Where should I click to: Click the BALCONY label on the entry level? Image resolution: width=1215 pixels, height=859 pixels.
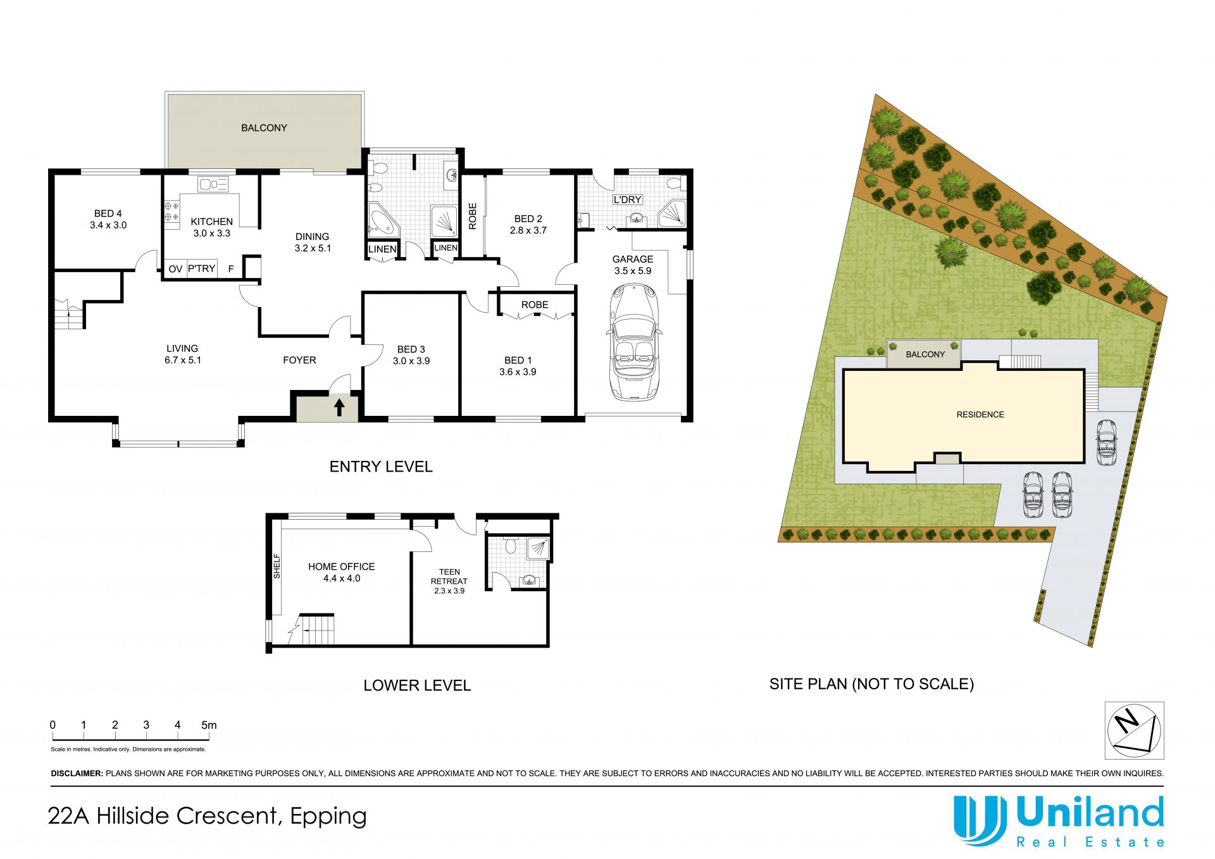(264, 128)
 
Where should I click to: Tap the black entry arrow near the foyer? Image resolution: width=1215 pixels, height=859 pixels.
(339, 407)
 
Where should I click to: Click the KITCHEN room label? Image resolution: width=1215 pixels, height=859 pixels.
(211, 222)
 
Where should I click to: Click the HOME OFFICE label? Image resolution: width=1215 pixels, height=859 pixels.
(341, 567)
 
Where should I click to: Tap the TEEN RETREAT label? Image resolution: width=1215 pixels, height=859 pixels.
(449, 576)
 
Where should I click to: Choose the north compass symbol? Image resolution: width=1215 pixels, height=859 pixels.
(1134, 730)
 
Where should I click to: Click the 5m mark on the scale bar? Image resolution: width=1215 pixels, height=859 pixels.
(209, 725)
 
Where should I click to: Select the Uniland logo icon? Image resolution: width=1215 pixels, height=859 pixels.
(980, 820)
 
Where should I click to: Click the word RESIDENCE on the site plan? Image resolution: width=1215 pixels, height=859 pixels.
(980, 415)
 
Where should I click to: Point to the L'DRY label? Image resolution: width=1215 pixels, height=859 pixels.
(627, 199)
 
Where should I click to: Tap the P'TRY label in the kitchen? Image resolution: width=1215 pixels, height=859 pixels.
(202, 268)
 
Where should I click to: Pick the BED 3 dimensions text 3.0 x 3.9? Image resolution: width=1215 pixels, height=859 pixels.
(411, 361)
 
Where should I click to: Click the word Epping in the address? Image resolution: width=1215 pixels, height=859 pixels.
(328, 817)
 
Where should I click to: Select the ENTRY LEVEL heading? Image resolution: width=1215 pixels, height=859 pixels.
(381, 467)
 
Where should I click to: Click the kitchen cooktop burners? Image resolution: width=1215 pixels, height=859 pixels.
(171, 211)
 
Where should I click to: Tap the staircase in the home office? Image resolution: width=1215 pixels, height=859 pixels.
(316, 629)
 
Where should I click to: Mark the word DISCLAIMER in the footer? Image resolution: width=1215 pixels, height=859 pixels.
(77, 774)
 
